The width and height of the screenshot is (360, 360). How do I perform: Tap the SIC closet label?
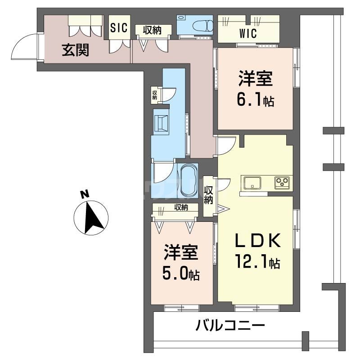pos(119,27)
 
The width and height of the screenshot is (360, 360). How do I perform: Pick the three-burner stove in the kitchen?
pos(282,182)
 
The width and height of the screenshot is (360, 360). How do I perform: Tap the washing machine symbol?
pos(162,123)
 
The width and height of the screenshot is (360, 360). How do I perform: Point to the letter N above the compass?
pos(84,194)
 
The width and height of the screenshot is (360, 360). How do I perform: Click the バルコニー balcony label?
pos(229,326)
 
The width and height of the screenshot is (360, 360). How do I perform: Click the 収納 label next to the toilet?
pos(153,30)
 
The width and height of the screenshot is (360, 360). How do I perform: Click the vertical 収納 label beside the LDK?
pos(208,195)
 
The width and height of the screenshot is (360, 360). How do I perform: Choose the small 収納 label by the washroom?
pos(155,94)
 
